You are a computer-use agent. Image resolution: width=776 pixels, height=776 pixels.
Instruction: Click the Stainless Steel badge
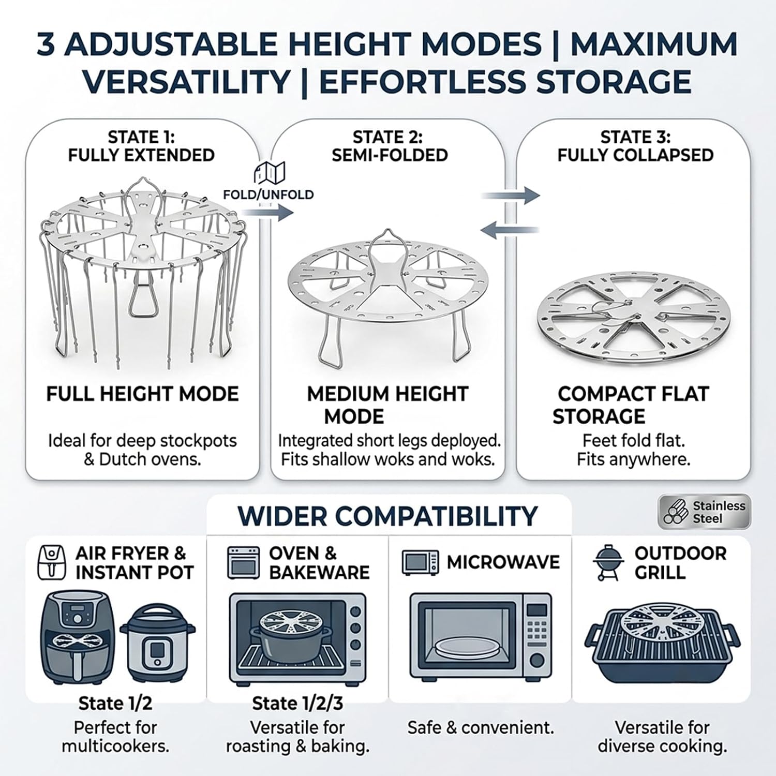click(704, 512)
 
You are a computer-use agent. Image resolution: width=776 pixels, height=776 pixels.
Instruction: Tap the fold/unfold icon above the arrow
click(270, 173)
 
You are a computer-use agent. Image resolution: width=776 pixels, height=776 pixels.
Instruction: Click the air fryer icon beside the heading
click(52, 562)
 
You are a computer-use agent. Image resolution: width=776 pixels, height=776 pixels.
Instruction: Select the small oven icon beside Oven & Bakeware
click(243, 562)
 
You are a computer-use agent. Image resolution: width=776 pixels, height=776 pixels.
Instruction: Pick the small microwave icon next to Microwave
click(421, 562)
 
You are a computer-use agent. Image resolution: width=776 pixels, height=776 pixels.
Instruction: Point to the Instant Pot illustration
click(158, 644)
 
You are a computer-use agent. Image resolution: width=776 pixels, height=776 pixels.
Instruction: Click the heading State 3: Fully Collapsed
click(635, 146)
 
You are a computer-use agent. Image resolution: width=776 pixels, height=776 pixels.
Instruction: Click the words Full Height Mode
click(142, 394)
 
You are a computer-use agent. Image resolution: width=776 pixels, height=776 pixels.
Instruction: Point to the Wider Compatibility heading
click(388, 516)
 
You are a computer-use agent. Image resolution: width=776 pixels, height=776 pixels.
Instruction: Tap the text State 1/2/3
click(297, 704)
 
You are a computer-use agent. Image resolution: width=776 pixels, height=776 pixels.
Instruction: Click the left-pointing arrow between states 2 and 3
click(510, 230)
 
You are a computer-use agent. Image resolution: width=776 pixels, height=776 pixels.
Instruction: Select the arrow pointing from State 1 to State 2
click(268, 212)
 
